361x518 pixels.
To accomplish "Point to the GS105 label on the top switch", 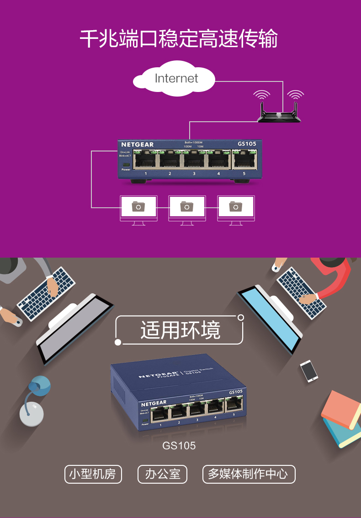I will coord(247,144).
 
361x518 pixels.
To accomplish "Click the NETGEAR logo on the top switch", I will coord(137,145).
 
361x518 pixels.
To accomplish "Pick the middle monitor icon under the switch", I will coord(187,209).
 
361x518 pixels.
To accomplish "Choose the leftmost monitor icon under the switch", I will coord(138,209).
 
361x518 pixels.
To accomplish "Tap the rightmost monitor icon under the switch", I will coord(236,209).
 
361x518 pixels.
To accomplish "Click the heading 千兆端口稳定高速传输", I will coord(179,39).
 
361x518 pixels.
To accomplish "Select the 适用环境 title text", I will coord(180,330).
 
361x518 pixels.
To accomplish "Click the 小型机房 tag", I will coord(93,474).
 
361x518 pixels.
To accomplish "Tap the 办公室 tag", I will coord(163,474).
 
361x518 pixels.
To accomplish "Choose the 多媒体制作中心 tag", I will coord(249,474).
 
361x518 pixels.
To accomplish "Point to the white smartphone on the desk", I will coord(309,371).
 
